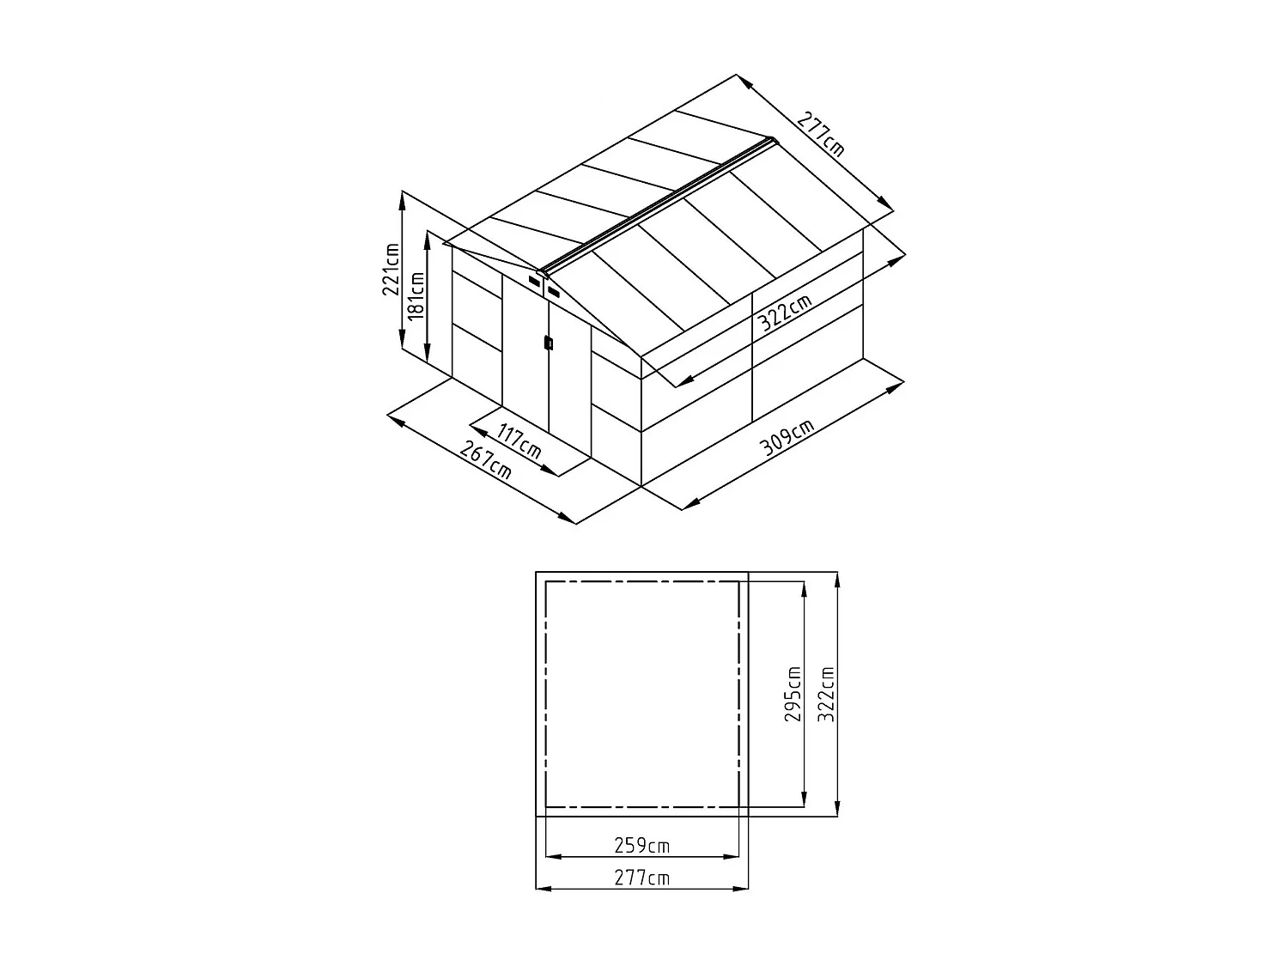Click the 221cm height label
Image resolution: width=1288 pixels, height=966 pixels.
(x=391, y=269)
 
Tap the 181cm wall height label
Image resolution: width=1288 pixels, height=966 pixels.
(x=416, y=295)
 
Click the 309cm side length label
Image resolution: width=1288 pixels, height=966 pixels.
(x=786, y=439)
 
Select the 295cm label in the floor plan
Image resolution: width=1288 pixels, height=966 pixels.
(x=793, y=694)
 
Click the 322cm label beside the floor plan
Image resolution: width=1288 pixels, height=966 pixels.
(x=826, y=694)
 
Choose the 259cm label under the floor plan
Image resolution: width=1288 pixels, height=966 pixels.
(x=641, y=846)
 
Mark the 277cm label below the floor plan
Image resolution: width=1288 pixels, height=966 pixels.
(x=641, y=878)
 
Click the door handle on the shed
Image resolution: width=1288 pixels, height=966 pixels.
(x=547, y=343)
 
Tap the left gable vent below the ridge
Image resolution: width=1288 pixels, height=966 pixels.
(x=536, y=281)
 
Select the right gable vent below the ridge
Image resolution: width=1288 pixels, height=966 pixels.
(x=554, y=294)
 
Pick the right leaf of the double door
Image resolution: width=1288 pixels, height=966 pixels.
(x=569, y=378)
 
